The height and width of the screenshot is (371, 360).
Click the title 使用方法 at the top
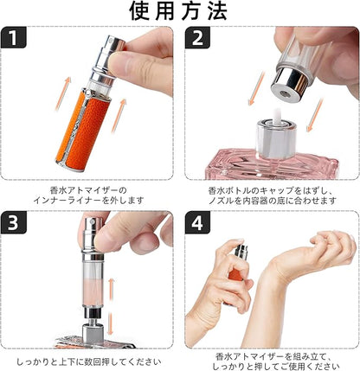180,12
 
